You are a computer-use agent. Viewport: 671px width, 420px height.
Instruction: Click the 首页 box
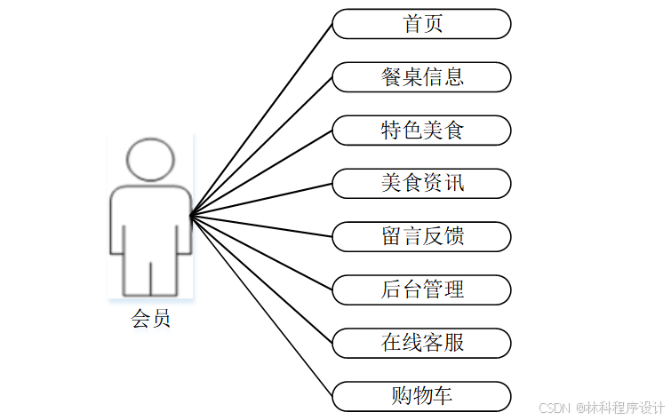coord(422,24)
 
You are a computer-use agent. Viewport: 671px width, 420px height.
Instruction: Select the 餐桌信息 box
coord(422,77)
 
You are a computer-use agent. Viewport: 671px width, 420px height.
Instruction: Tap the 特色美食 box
coord(422,131)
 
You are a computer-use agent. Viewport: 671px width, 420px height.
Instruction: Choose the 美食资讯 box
coord(422,184)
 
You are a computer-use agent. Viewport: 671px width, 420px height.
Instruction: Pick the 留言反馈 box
coord(422,237)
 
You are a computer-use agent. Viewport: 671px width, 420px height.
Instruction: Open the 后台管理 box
coord(422,289)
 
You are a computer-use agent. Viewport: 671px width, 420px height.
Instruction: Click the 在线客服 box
coord(422,343)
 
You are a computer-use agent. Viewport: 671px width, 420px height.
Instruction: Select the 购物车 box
coord(422,396)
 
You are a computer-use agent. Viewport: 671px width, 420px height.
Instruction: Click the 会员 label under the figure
coord(150,319)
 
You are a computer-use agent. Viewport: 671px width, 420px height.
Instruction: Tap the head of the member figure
coord(150,159)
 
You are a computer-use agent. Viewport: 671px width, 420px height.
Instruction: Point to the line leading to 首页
coord(262,119)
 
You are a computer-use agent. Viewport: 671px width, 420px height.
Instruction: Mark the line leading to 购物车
coord(262,305)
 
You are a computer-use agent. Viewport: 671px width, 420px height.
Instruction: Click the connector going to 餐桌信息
coord(262,146)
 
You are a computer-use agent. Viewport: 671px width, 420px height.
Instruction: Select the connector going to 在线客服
coord(262,278)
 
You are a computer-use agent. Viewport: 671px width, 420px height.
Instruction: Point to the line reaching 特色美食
coord(262,172)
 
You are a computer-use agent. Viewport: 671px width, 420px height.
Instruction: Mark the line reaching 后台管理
coord(262,251)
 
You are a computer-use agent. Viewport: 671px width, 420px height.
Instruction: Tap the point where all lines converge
coord(191,214)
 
